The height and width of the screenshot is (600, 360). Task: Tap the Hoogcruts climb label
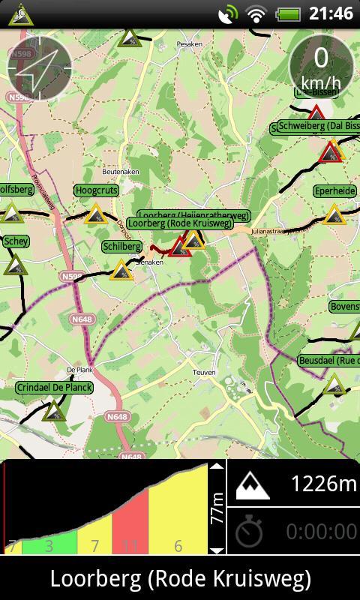pyautogui.click(x=97, y=191)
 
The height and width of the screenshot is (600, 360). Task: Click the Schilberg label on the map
pyautogui.click(x=121, y=246)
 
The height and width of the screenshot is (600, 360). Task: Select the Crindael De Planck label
pyautogui.click(x=54, y=388)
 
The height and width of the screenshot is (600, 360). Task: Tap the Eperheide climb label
pyautogui.click(x=334, y=191)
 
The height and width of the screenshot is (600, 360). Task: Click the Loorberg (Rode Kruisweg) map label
pyautogui.click(x=178, y=223)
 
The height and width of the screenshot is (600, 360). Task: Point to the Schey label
pyautogui.click(x=16, y=241)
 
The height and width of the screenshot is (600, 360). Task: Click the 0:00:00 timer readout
pyautogui.click(x=321, y=532)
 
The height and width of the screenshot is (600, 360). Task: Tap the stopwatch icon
pyautogui.click(x=249, y=532)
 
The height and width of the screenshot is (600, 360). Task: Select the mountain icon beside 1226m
pyautogui.click(x=252, y=486)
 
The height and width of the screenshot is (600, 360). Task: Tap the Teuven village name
pyautogui.click(x=204, y=372)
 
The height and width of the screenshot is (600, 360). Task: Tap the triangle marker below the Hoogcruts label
pyautogui.click(x=95, y=215)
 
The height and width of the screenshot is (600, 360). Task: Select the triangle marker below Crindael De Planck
pyautogui.click(x=54, y=410)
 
